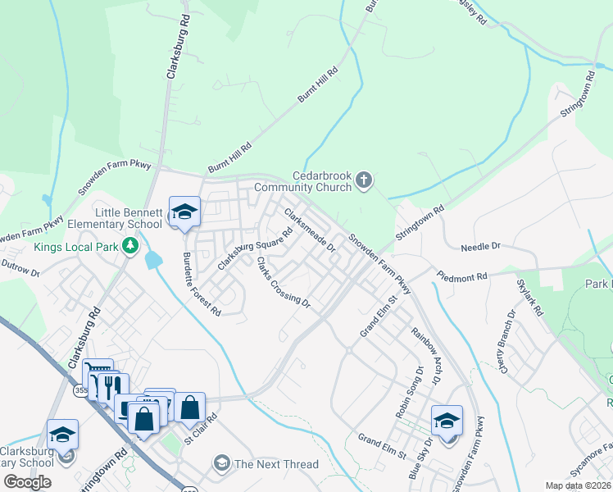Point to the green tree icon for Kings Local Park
click(129, 245)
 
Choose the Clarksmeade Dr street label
click(310, 230)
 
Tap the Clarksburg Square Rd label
click(255, 249)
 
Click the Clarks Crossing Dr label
click(283, 283)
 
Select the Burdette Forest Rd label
click(202, 284)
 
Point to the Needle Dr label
click(480, 246)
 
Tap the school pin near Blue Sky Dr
click(447, 421)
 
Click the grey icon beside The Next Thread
click(220, 464)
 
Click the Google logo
click(28, 481)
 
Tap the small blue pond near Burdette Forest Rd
click(153, 260)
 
